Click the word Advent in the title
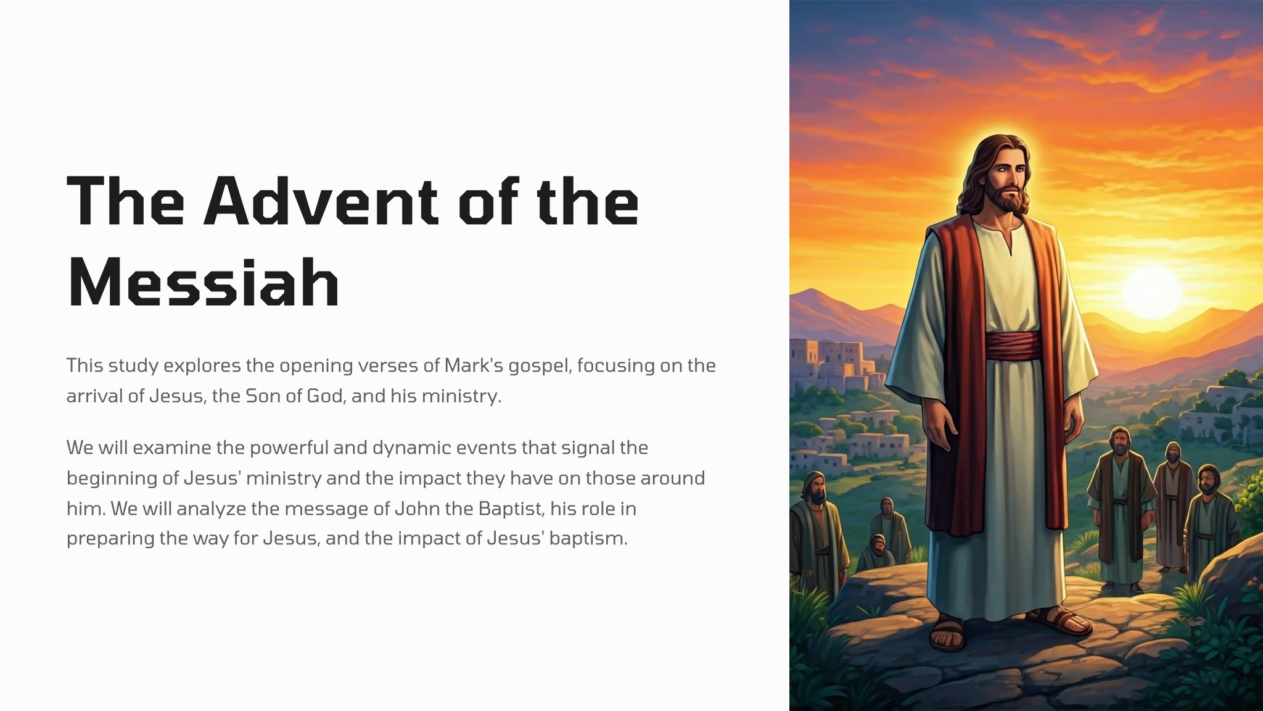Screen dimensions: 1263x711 [x=321, y=201]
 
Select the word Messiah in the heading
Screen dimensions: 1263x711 [x=204, y=283]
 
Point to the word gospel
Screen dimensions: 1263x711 [x=540, y=366]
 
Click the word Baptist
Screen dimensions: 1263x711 [x=511, y=508]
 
